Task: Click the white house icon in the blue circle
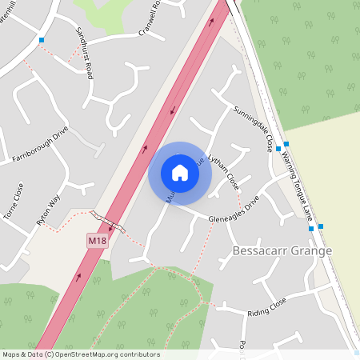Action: coord(179,173)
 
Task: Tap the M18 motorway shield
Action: coord(97,240)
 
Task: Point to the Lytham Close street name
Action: coord(222,171)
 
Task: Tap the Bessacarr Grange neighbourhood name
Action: coord(281,250)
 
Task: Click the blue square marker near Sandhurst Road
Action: coord(42,39)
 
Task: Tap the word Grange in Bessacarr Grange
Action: coord(310,250)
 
